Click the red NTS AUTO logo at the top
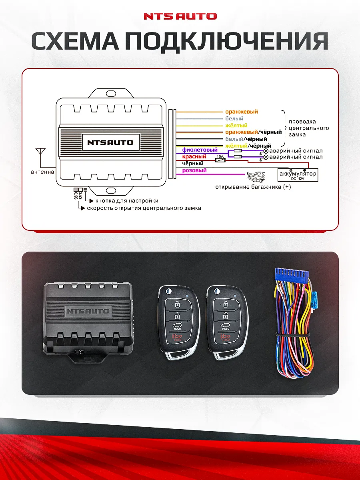[x=180, y=16]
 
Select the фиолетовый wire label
[x=200, y=150]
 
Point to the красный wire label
[x=194, y=157]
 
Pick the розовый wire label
[x=194, y=170]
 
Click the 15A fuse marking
[x=220, y=156]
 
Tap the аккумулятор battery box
[x=298, y=175]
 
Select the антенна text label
[x=42, y=172]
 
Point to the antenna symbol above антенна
[x=40, y=152]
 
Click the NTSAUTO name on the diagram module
[x=110, y=142]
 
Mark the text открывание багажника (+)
[x=253, y=187]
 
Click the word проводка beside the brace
[x=302, y=122]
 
